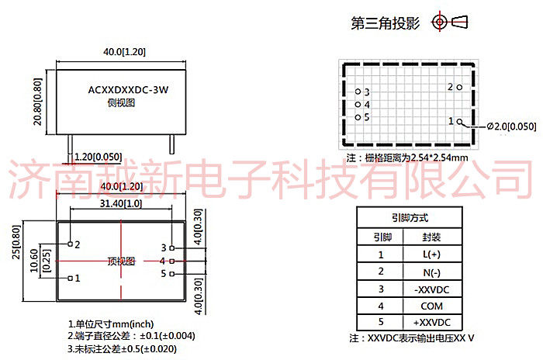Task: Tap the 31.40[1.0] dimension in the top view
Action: (x=120, y=203)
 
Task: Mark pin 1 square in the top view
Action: (x=70, y=277)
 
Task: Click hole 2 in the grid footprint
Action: (x=460, y=87)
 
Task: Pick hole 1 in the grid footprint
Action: (x=460, y=121)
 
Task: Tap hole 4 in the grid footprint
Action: (x=358, y=104)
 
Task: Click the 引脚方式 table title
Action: (x=410, y=218)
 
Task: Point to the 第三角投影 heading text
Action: (x=386, y=23)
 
